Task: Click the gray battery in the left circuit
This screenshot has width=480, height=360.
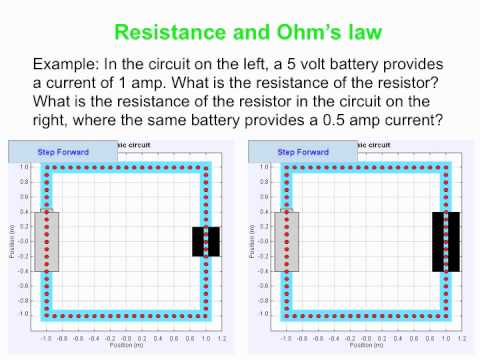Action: [47, 241]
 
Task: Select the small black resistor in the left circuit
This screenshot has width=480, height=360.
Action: [206, 241]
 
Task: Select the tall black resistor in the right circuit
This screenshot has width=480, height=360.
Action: [446, 241]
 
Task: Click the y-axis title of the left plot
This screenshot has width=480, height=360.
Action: [12, 241]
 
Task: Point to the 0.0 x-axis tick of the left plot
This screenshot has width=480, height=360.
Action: [126, 325]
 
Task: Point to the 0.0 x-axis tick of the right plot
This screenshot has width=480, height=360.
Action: [366, 325]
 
